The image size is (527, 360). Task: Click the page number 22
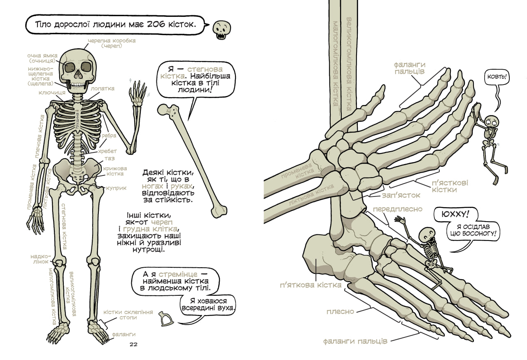[x=133, y=344]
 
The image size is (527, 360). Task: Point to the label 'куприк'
[x=116, y=188]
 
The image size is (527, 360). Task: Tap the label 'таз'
[x=110, y=159]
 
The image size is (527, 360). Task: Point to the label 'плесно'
[x=340, y=311]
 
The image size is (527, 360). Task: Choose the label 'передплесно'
[x=397, y=209]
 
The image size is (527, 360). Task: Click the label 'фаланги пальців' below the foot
[x=354, y=341]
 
